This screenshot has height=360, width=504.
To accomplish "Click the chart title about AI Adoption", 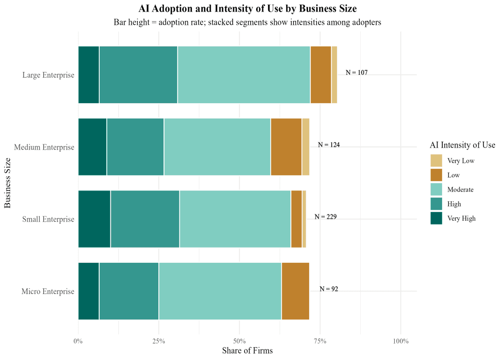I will (248, 8).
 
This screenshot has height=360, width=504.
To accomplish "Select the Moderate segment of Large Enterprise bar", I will (244, 75).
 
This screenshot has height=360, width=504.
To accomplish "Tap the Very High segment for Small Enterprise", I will (94, 219).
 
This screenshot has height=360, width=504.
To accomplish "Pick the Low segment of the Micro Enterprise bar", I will (295, 291).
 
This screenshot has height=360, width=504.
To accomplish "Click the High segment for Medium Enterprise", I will (135, 147).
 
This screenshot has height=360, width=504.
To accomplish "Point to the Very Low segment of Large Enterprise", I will (334, 75).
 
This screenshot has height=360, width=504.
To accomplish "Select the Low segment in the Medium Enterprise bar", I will (286, 147).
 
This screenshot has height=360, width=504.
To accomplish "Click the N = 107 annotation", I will (357, 73).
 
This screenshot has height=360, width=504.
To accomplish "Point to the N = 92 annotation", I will (329, 289).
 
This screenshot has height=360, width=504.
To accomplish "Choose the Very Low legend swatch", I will (436, 160).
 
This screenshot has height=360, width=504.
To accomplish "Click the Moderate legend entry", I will (460, 189).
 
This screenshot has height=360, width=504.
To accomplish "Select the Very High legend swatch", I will (436, 218).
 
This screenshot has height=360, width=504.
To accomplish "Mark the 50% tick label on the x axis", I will (239, 341).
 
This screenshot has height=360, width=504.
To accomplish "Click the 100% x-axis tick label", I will (400, 341).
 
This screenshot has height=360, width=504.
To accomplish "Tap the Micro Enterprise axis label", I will (48, 291).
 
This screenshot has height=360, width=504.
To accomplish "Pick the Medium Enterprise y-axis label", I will (44, 147).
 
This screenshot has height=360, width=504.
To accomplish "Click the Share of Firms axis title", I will (247, 351).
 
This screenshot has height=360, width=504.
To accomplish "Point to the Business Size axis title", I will (8, 183).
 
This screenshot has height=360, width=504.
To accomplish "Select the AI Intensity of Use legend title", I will (462, 145).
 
